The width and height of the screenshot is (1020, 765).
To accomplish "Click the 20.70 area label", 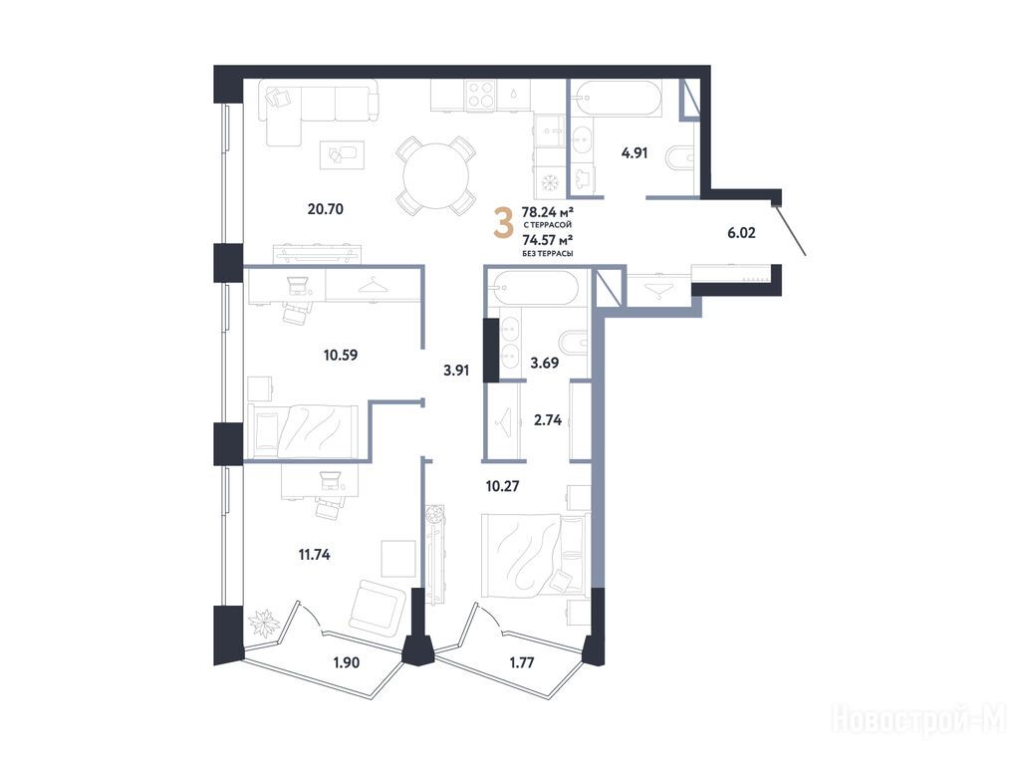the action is pyautogui.click(x=326, y=209).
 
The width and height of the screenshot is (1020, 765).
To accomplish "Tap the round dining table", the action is pyautogui.click(x=436, y=175).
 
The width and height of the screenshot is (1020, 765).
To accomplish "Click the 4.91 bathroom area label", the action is pyautogui.click(x=635, y=153).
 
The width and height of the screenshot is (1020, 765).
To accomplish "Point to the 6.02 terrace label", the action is pyautogui.click(x=741, y=232).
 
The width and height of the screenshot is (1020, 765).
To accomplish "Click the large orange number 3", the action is pyautogui.click(x=503, y=222).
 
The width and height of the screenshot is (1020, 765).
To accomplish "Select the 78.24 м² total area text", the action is pyautogui.click(x=547, y=211).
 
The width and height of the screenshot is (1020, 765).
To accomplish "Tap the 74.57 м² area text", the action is pyautogui.click(x=547, y=240).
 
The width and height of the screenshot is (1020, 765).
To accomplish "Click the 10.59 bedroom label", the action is pyautogui.click(x=341, y=356).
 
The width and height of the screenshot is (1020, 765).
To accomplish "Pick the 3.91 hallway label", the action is pyautogui.click(x=456, y=371).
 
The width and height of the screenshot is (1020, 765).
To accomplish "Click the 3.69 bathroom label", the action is pyautogui.click(x=545, y=363).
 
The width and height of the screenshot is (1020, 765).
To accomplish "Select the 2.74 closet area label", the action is pyautogui.click(x=547, y=420).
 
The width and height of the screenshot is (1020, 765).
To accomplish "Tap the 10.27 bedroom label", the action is pyautogui.click(x=502, y=486).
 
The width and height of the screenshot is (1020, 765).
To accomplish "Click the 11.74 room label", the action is pyautogui.click(x=314, y=555).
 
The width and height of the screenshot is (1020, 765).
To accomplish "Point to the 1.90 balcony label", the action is pyautogui.click(x=346, y=662).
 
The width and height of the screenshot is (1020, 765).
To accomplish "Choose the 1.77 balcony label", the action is pyautogui.click(x=522, y=662).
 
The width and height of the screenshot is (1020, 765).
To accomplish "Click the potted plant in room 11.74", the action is pyautogui.click(x=265, y=624).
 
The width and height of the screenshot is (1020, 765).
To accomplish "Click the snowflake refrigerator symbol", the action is pyautogui.click(x=550, y=183).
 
